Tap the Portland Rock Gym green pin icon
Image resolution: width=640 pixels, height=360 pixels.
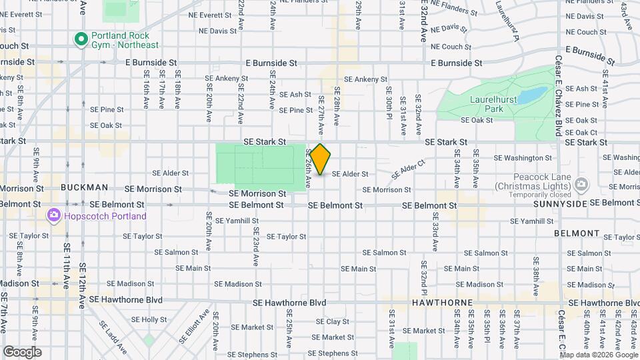point(81,39)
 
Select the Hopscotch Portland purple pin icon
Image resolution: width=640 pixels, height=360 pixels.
point(53,216)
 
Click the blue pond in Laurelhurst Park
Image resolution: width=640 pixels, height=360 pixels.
point(531,96)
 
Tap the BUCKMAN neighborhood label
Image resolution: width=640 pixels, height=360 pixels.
point(84,188)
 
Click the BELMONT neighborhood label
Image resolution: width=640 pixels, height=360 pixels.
point(577,233)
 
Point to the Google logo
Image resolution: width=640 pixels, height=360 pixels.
point(22,352)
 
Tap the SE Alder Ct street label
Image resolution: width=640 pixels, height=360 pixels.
point(408,166)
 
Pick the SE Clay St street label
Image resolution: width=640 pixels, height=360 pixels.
point(327,321)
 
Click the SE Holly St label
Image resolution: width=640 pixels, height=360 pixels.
point(149,319)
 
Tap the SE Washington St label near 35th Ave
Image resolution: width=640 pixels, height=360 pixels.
point(523,158)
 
